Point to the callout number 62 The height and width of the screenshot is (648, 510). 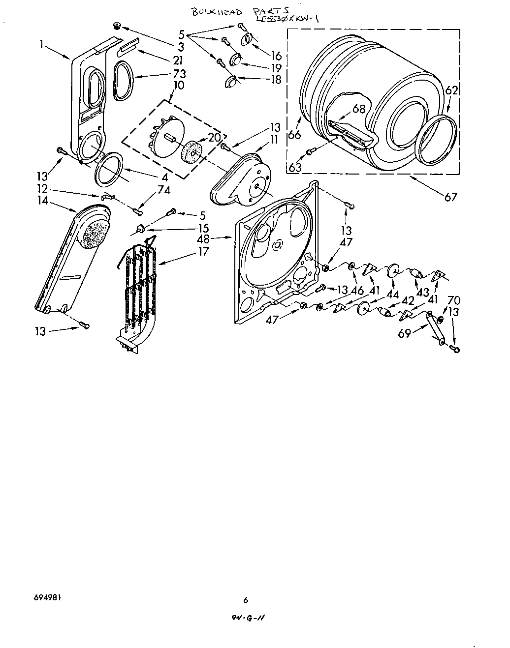point(452,90)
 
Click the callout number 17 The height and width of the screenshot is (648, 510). point(203,251)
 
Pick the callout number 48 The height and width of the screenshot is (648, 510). point(203,239)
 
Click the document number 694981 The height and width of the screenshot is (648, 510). point(48,599)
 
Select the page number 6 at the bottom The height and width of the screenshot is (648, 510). point(246,599)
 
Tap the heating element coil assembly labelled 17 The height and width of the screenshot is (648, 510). point(140,290)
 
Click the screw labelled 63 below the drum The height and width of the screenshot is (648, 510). point(309,152)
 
